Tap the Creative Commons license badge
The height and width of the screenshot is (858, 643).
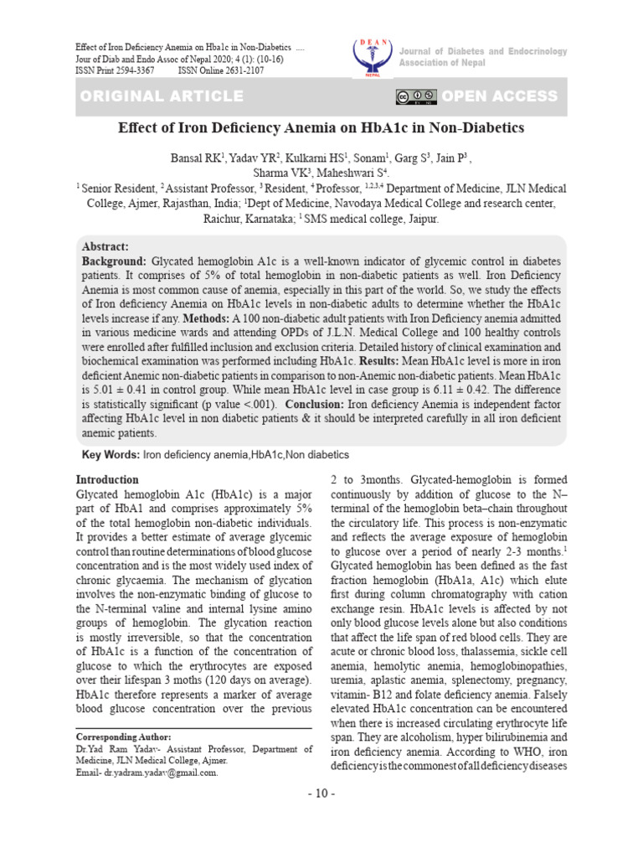pyautogui.click(x=417, y=96)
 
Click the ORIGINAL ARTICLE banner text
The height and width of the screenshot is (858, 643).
pyautogui.click(x=162, y=96)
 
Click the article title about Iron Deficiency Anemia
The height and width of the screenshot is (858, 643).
pyautogui.click(x=321, y=128)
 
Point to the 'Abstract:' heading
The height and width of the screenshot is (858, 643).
pyautogui.click(x=105, y=246)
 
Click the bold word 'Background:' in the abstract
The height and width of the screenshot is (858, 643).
pyautogui.click(x=114, y=262)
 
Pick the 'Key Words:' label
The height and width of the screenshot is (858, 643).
pyautogui.click(x=110, y=454)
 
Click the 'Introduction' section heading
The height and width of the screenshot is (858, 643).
pyautogui.click(x=107, y=480)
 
